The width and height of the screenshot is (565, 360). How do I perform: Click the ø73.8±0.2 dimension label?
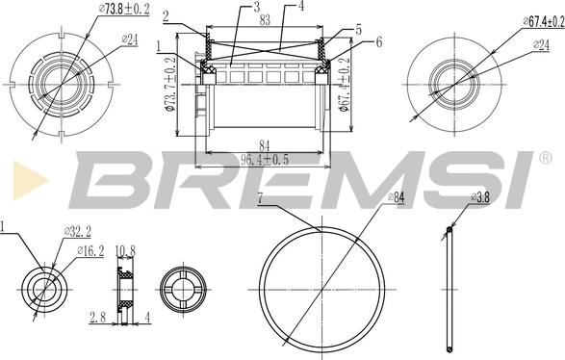click(123, 9)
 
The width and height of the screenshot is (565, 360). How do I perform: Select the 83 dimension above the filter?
click(265, 20)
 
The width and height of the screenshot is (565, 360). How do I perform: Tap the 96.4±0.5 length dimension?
click(265, 160)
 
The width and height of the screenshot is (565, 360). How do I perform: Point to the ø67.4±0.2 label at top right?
click(544, 21)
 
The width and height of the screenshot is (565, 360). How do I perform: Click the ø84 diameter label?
click(397, 197)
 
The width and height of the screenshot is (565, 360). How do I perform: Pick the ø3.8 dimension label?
click(480, 197)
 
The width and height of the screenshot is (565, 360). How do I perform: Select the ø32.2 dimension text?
click(77, 231)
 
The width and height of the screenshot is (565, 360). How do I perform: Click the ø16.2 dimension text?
click(90, 251)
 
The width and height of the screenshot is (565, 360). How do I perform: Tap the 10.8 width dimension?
click(125, 251)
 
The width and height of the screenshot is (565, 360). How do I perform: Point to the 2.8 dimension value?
click(97, 318)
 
